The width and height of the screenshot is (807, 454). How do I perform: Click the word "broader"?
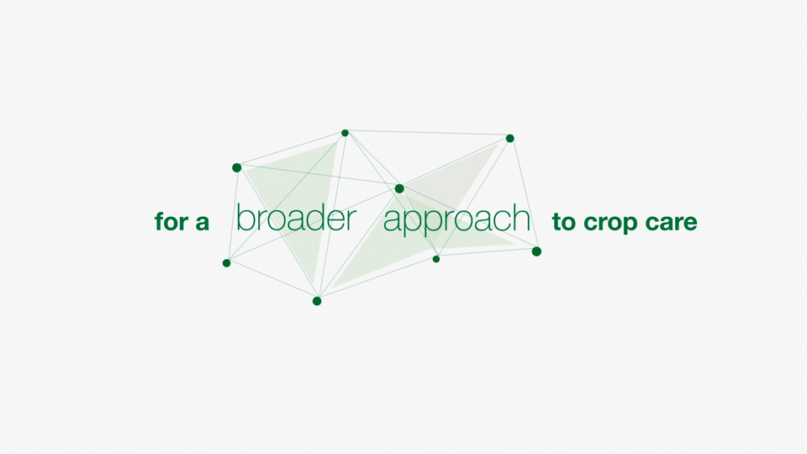pos(296,218)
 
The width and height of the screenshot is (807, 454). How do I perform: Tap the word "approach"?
pos(456,220)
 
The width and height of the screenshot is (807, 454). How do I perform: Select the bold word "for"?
pos(171,221)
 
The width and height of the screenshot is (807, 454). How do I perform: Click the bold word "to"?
pos(564,222)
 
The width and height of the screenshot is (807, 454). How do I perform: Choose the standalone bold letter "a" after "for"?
pos(203,223)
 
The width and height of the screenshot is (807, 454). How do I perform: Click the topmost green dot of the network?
pos(345,133)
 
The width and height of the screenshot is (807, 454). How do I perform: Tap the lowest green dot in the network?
pos(317,301)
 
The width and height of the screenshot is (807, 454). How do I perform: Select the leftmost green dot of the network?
pos(226,263)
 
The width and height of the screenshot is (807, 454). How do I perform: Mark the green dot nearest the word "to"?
pos(536,251)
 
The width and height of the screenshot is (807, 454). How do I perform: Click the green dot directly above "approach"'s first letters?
pos(399,189)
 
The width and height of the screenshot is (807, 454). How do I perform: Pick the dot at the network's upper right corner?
pos(510,138)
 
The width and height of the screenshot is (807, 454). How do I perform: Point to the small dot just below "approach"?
pos(436,259)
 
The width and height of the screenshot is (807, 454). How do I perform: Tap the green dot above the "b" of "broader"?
pos(237,168)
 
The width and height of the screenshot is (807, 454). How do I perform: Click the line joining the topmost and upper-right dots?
pos(427,135)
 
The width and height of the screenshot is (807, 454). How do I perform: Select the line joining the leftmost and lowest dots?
pos(272,282)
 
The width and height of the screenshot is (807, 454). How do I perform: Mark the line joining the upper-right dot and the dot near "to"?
pos(524,194)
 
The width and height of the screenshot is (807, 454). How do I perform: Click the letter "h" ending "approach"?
pos(522,218)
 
